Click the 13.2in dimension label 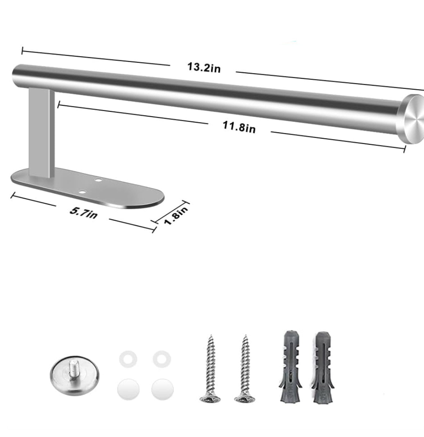[204, 68]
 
